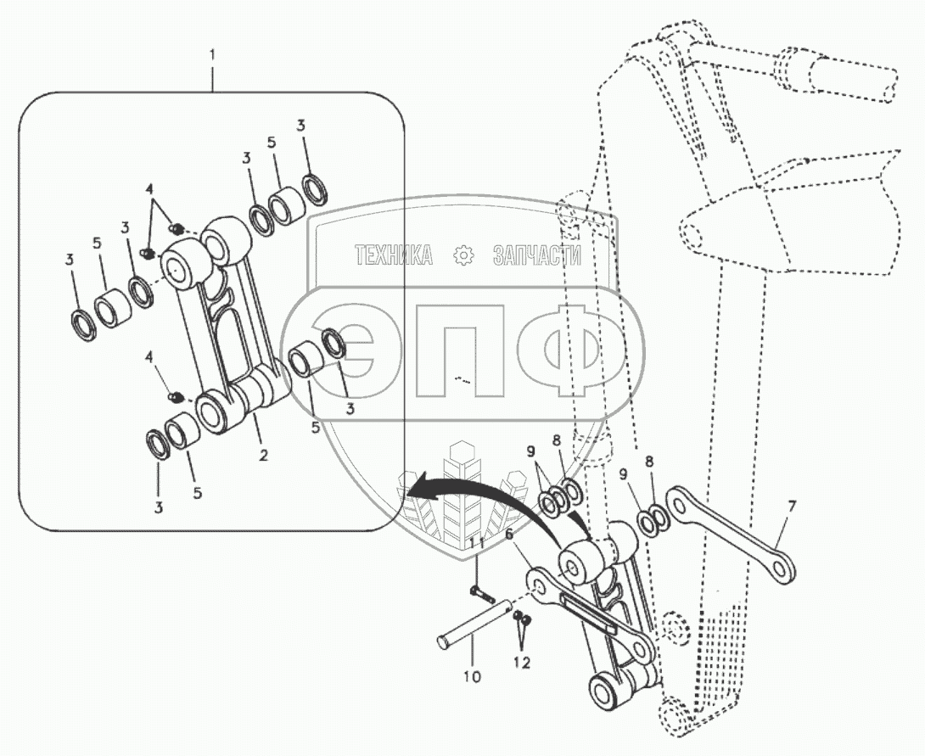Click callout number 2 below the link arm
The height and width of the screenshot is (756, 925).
[x=264, y=456]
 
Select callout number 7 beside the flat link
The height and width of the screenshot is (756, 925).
[x=791, y=507]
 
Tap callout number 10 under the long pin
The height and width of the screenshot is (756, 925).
[x=472, y=676]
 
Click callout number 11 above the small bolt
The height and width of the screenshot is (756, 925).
[x=477, y=541]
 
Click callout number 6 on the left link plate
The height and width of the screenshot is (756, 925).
[x=509, y=535]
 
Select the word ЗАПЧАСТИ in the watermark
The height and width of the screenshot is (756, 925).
[x=536, y=255]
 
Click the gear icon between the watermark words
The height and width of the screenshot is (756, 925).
[x=463, y=255]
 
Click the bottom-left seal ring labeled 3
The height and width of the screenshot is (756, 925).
[x=157, y=444]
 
